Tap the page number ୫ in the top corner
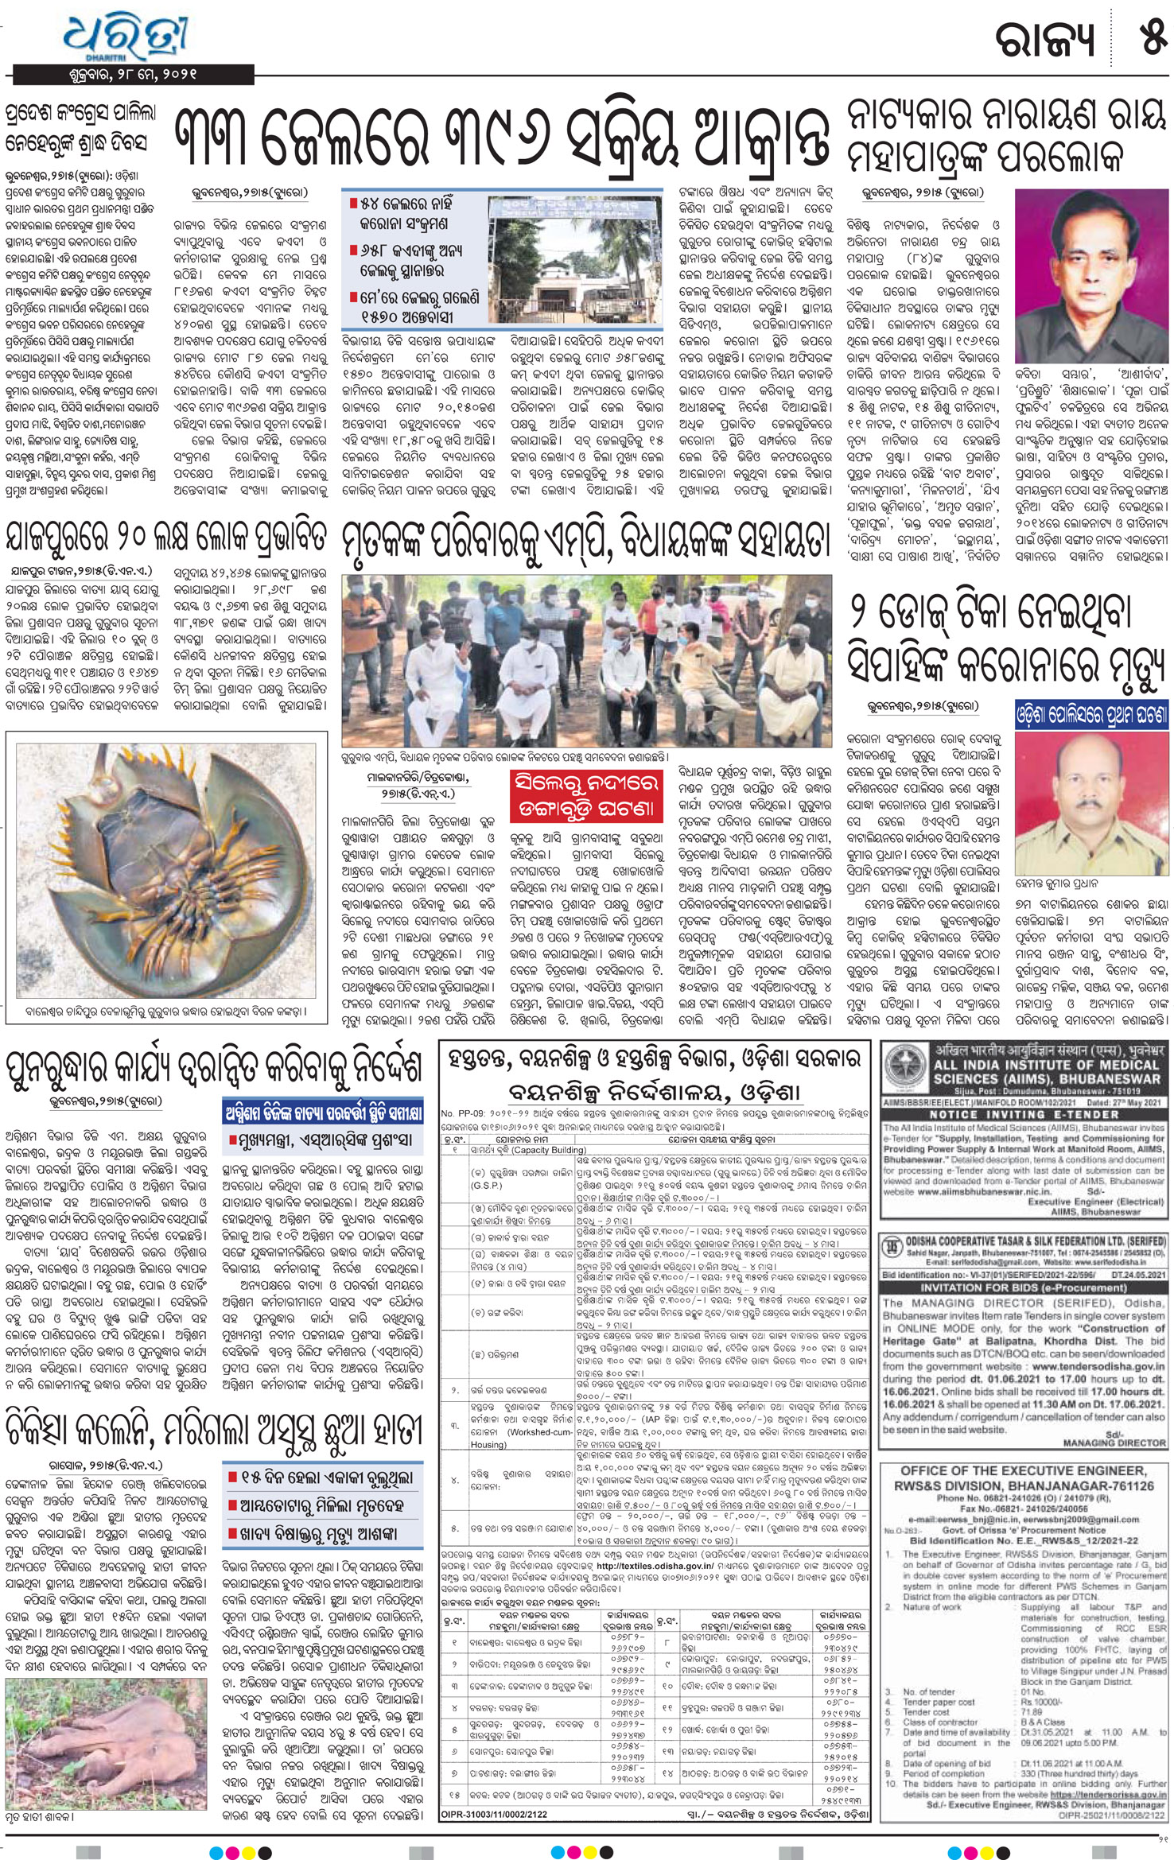click(1151, 36)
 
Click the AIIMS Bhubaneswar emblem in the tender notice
click(905, 1066)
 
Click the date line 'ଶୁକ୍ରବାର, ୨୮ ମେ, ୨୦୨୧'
click(133, 75)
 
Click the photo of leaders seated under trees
click(586, 662)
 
